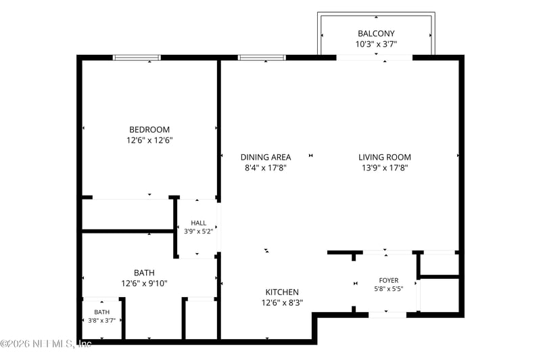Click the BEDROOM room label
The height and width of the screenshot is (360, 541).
click(x=149, y=129)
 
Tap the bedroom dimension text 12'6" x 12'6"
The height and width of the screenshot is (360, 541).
click(x=149, y=140)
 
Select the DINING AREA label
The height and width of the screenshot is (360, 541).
click(x=266, y=157)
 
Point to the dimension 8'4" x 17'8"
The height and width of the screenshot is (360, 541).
click(x=266, y=168)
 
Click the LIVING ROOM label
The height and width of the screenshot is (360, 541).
click(x=385, y=157)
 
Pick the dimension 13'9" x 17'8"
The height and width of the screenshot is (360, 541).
click(x=385, y=168)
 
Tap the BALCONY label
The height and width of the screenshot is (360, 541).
click(x=376, y=33)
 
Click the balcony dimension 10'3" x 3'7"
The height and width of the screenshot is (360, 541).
click(x=376, y=44)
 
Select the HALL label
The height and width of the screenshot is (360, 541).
click(x=198, y=223)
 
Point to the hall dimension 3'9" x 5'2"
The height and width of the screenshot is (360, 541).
click(x=198, y=231)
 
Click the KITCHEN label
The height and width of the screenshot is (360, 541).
click(x=282, y=292)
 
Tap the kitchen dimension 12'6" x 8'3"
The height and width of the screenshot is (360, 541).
click(x=282, y=302)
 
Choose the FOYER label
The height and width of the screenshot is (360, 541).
click(x=388, y=280)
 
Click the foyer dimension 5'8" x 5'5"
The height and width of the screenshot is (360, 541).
click(x=388, y=288)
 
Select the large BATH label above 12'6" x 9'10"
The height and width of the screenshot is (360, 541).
click(x=144, y=273)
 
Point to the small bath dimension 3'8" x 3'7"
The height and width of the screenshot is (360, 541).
click(x=102, y=320)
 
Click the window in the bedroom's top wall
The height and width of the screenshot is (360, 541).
click(x=137, y=58)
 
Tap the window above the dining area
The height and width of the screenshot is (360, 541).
click(x=262, y=58)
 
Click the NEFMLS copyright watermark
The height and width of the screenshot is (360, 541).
click(x=46, y=344)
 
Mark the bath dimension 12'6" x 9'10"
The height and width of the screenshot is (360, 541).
click(x=144, y=284)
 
